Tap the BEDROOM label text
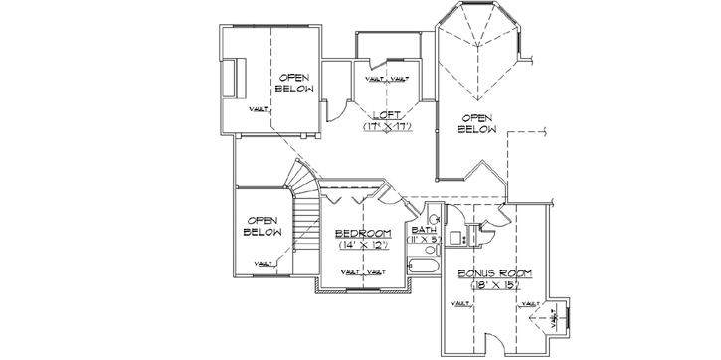coord(362,232)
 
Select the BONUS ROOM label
coord(490,272)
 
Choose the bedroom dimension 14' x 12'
coord(362,244)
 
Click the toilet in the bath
coord(436,213)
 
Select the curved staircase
coord(302,189)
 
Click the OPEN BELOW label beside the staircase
coord(263,226)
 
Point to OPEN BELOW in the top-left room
coord(295,83)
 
